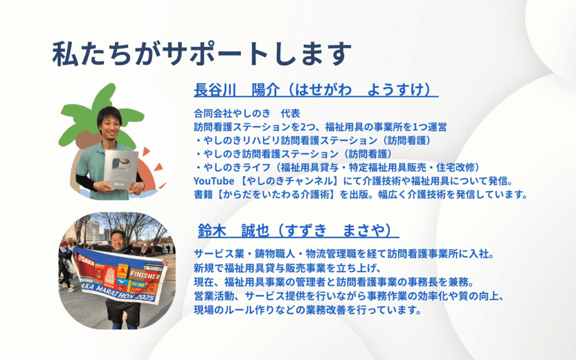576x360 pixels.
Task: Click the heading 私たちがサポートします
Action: coord(202,54)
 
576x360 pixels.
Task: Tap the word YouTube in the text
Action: coord(214,181)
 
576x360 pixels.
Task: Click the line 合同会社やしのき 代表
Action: coord(247,113)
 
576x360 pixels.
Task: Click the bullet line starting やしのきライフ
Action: coord(337,168)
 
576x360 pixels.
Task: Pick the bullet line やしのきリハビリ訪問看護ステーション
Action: coord(313,140)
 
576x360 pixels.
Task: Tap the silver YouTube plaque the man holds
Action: coord(121,169)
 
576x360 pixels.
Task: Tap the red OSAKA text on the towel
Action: coord(87,260)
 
